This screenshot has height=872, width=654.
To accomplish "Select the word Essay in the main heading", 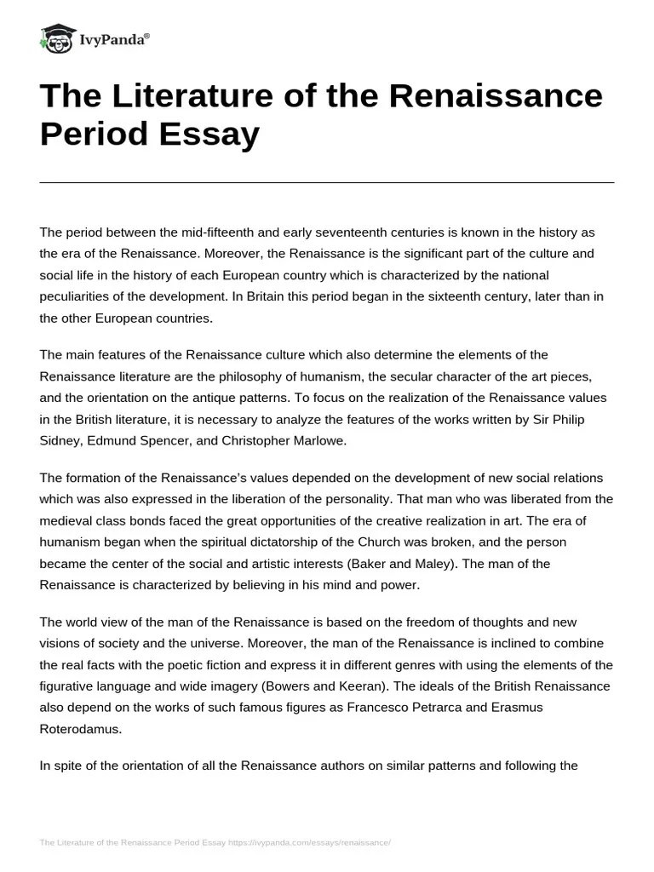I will pyautogui.click(x=214, y=135).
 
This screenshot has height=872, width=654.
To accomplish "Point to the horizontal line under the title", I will pyautogui.click(x=327, y=182).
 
